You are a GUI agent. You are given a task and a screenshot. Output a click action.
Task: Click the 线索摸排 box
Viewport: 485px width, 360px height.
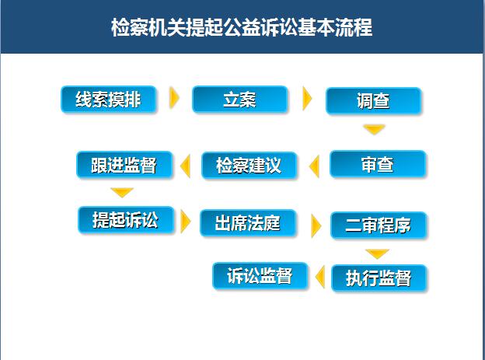coord(108,100)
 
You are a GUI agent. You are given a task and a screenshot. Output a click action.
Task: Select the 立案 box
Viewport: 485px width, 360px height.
coord(239,100)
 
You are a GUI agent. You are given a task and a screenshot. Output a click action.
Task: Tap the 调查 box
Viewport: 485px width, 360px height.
coord(374,101)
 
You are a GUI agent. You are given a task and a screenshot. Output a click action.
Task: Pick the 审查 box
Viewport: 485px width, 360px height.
coord(378,164)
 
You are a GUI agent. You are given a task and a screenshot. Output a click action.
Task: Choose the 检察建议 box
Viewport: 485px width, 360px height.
coord(249,166)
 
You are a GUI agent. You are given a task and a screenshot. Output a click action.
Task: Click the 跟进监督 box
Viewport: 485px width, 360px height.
coord(124,165)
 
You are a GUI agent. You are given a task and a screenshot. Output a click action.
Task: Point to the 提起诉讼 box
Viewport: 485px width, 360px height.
coord(126,220)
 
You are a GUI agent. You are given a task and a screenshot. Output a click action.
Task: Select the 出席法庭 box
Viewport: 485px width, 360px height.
coord(248,223)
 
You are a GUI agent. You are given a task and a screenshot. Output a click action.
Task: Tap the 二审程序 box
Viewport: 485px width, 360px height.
coord(379,225)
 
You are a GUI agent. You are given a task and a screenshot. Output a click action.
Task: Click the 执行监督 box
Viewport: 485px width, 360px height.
coord(379,278)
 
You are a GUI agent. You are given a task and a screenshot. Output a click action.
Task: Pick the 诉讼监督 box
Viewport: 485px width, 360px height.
coord(260,276)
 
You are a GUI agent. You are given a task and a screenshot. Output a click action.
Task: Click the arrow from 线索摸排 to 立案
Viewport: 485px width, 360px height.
coord(174,98)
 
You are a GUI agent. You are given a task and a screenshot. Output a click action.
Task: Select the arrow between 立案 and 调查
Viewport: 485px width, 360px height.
coord(307,99)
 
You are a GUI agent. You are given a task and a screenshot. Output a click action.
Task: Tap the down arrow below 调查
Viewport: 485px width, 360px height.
coord(374,129)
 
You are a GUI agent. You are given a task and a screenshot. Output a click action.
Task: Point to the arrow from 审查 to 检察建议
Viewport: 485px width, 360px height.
coord(315,166)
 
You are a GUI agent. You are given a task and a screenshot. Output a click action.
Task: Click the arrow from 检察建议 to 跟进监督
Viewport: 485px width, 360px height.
coord(186,166)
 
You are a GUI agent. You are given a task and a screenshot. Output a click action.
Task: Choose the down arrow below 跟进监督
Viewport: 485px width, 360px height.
coord(122,192)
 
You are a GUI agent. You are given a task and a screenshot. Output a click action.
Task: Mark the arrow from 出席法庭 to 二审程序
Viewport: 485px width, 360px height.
coord(316,226)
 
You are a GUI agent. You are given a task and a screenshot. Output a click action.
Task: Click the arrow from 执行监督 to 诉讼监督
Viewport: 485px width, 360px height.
coord(320,277)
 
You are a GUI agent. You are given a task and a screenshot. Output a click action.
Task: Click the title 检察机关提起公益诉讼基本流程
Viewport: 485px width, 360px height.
coord(242,27)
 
